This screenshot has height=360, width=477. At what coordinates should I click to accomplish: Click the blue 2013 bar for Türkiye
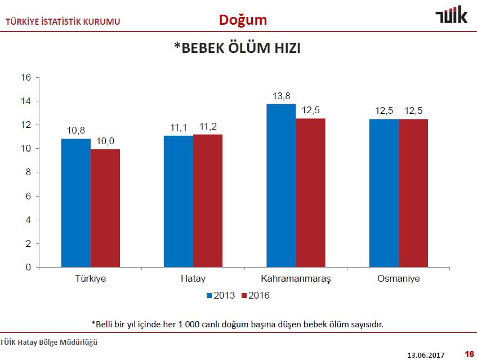click(x=75, y=203)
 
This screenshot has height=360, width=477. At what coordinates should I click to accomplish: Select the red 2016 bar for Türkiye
click(x=105, y=208)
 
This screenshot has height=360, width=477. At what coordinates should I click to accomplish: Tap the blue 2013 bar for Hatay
click(x=179, y=201)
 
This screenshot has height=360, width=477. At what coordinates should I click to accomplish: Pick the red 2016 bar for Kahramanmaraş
click(x=310, y=193)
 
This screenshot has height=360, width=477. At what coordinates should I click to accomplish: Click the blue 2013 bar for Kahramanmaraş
click(x=281, y=185)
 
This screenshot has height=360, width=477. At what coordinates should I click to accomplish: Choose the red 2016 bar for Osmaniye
click(x=413, y=193)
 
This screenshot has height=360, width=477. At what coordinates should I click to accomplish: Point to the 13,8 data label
click(x=281, y=96)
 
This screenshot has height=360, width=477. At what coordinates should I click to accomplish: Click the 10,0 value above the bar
click(x=105, y=141)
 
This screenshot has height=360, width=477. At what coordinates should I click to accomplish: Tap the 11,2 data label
click(x=208, y=127)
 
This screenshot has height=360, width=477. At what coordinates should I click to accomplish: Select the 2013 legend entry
click(x=221, y=295)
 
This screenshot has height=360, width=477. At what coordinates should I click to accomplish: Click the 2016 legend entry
click(x=255, y=295)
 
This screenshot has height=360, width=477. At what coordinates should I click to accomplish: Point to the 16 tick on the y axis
click(x=26, y=78)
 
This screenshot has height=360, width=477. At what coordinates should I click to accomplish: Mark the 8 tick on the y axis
click(x=28, y=172)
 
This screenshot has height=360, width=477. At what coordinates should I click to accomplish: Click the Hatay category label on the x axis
click(x=193, y=279)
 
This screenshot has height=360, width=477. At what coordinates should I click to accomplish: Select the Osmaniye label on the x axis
click(x=399, y=279)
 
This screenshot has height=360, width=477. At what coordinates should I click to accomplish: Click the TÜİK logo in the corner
click(x=451, y=16)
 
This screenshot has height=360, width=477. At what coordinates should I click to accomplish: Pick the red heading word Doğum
click(x=243, y=20)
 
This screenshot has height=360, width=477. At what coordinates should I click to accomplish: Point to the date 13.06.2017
click(x=426, y=354)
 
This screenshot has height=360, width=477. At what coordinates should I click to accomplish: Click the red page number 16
click(x=469, y=354)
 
